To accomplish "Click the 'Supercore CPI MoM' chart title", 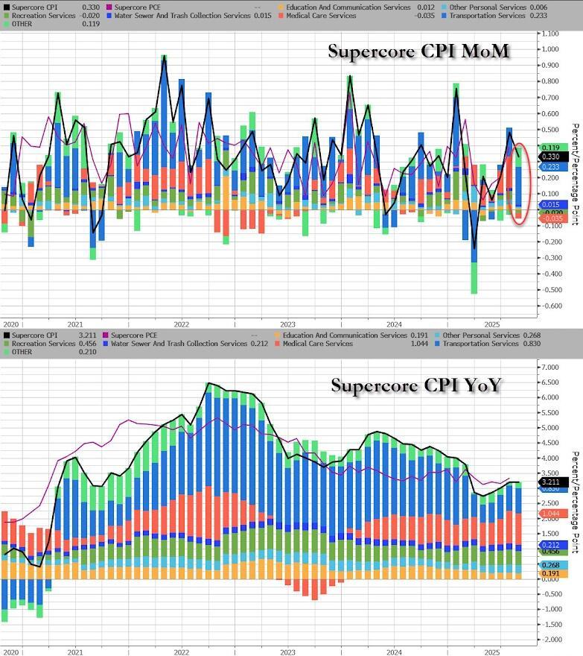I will tap(419, 51).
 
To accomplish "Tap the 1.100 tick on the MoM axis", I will tap(551, 34).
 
